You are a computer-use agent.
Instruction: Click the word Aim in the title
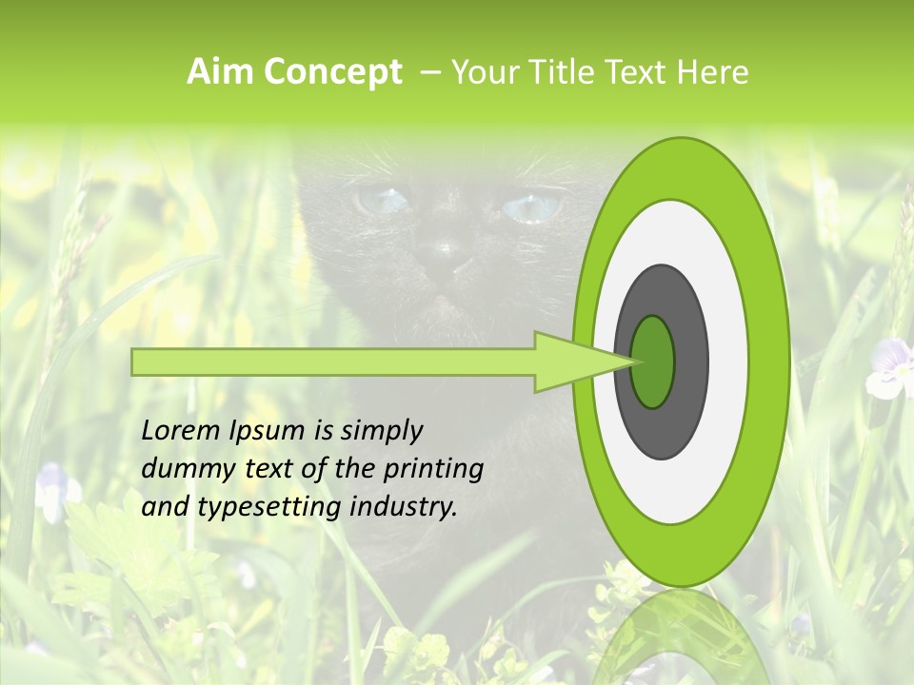coord(221,72)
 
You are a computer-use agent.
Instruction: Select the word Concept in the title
coord(332,73)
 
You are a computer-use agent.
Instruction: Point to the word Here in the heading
coord(712,72)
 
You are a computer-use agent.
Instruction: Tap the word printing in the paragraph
coord(433,470)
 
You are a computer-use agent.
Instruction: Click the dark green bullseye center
coord(653,362)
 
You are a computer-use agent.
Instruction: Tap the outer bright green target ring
coord(767,362)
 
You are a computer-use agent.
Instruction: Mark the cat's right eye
coord(529,207)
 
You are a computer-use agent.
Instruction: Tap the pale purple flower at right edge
coord(891,371)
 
